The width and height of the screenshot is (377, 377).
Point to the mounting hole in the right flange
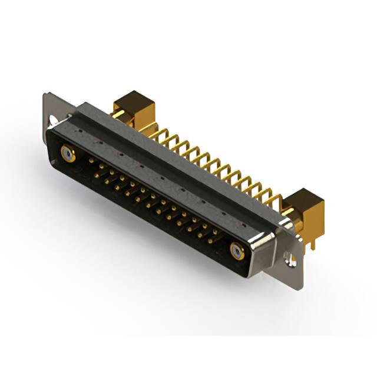(x=289, y=257)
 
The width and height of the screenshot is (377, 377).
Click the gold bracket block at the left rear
(x=134, y=109)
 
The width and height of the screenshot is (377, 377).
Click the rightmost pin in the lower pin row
(x=209, y=240)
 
